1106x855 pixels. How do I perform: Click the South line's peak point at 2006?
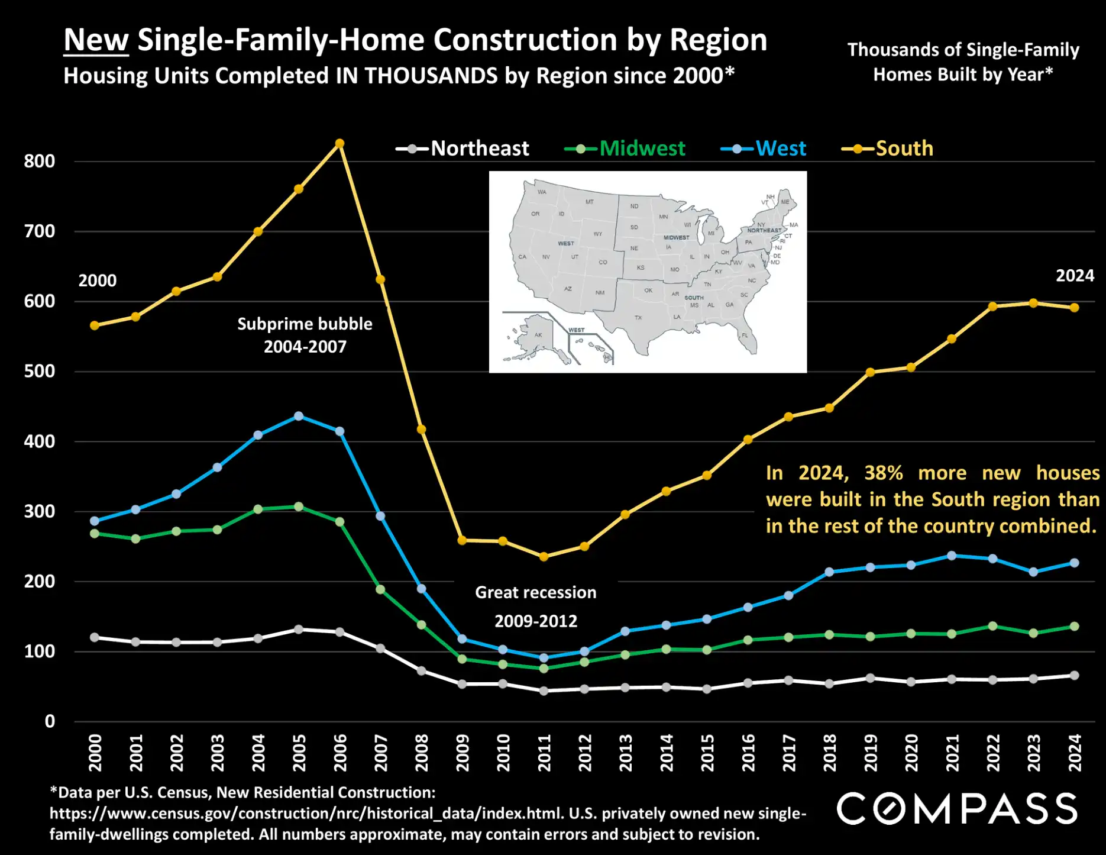339,144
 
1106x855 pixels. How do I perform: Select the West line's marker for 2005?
299,417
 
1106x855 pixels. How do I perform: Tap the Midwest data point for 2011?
544,668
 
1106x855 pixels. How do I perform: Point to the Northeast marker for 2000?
95,637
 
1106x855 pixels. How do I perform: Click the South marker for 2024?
1075,308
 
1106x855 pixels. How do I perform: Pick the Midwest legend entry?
625,149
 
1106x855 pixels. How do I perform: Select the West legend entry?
764,149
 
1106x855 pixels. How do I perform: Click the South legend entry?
888,149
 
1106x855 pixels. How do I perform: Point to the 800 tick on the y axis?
39,162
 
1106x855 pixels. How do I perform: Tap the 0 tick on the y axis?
50,721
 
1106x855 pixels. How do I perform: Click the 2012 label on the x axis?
585,753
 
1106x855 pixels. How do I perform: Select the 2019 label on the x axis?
871,753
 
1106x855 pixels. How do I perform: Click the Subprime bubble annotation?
305,335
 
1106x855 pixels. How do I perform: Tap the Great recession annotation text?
535,606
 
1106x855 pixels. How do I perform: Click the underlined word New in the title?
96,40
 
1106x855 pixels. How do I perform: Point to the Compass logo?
956,809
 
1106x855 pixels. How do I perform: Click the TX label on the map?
638,318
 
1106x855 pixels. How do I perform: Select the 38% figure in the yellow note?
884,473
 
